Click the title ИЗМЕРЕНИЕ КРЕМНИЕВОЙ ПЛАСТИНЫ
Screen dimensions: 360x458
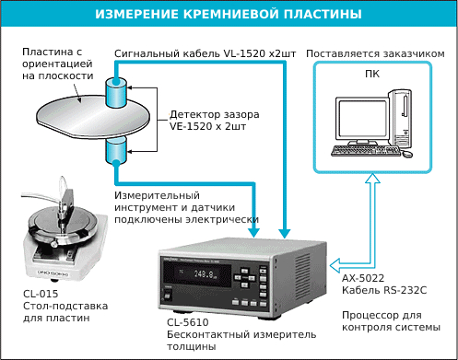point(229,15)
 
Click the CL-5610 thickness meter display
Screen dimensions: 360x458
point(206,273)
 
